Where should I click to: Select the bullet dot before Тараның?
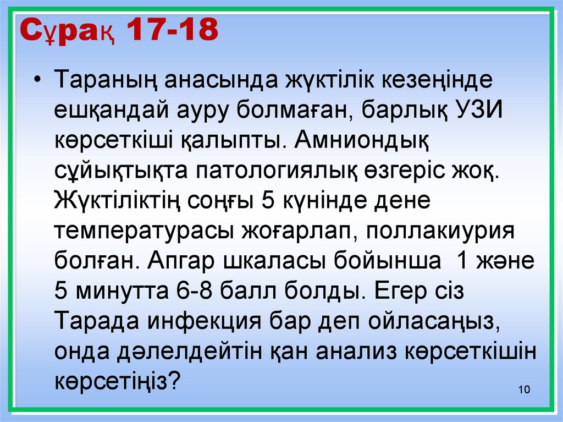click(x=36, y=80)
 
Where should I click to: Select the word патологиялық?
click(x=276, y=171)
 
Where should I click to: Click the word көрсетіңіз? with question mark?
click(x=118, y=382)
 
